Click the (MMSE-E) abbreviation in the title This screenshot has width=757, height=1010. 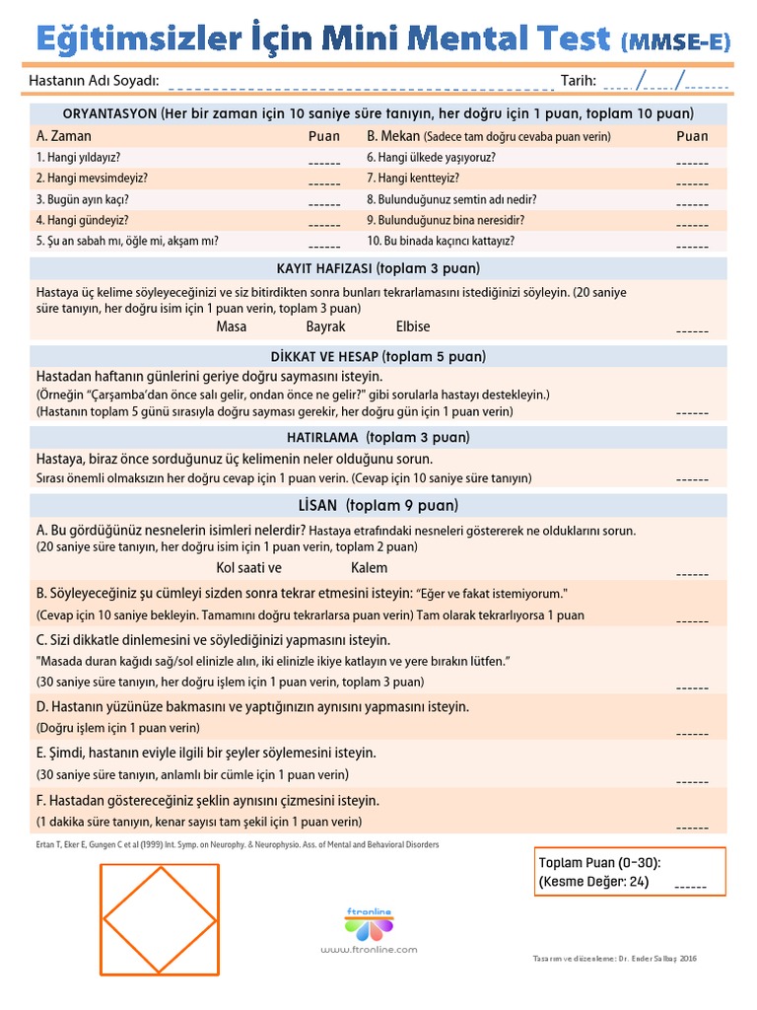(x=676, y=40)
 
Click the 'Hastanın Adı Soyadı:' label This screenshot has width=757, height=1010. (x=97, y=80)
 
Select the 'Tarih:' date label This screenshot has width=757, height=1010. (x=579, y=80)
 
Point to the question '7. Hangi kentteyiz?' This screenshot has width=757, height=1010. (x=413, y=179)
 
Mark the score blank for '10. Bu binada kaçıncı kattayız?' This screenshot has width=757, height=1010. (x=692, y=247)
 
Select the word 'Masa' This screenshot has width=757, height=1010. (x=231, y=326)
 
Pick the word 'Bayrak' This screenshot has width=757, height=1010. (x=325, y=326)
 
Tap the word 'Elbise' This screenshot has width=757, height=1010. (x=413, y=326)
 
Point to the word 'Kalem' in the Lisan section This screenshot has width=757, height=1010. (x=369, y=568)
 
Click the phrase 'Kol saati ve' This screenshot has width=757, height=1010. (x=248, y=568)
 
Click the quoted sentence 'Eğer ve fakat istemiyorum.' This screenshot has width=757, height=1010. (x=492, y=594)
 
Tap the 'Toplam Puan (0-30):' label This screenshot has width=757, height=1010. (x=599, y=863)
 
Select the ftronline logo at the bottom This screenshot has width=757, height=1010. (x=369, y=919)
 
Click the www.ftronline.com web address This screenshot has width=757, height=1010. (x=369, y=950)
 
